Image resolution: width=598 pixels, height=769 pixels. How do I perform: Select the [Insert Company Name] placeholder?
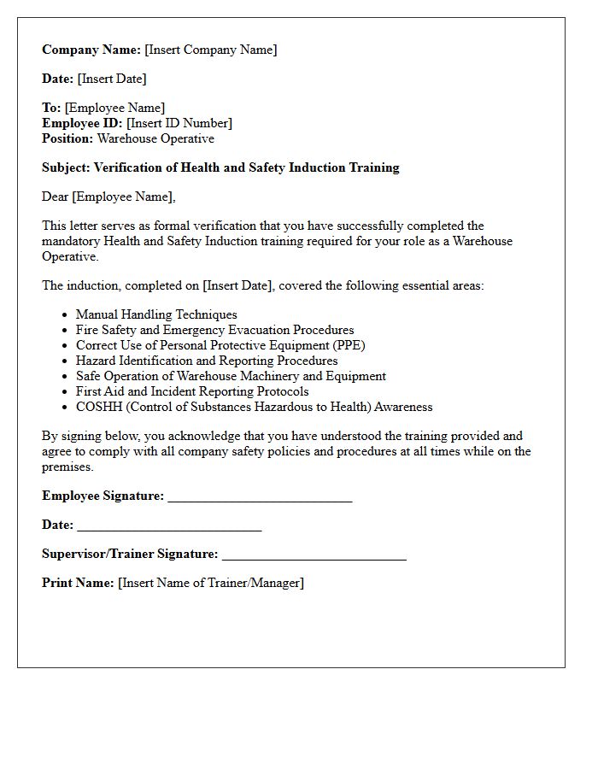click(x=211, y=50)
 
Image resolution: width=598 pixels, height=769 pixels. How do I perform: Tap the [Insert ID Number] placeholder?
click(x=179, y=123)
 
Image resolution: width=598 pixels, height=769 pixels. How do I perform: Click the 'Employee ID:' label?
click(x=82, y=123)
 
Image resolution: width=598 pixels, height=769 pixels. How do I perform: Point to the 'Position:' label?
click(x=67, y=138)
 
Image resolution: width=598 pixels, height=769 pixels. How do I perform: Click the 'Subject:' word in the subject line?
click(x=66, y=167)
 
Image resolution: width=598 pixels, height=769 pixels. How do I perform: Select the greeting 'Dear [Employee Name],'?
click(x=108, y=197)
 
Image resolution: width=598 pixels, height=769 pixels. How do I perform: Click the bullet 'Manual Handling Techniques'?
click(x=156, y=314)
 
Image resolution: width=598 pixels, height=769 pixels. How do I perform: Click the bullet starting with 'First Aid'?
click(x=192, y=391)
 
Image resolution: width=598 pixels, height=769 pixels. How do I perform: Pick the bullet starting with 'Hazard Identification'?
click(x=207, y=361)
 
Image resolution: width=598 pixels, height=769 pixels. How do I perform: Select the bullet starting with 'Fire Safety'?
click(x=214, y=330)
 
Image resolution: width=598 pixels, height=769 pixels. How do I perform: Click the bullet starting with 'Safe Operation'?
click(x=231, y=376)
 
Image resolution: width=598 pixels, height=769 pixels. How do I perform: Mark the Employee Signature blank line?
click(x=260, y=497)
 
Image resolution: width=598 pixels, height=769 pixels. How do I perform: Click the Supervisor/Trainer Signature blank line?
click(x=314, y=555)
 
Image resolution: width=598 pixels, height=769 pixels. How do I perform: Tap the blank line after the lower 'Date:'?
click(x=169, y=526)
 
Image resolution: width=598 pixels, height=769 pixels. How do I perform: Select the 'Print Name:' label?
click(x=78, y=583)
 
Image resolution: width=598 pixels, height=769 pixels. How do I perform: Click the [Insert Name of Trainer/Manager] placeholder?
click(x=211, y=583)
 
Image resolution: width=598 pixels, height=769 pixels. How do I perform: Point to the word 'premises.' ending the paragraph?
click(x=67, y=467)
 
